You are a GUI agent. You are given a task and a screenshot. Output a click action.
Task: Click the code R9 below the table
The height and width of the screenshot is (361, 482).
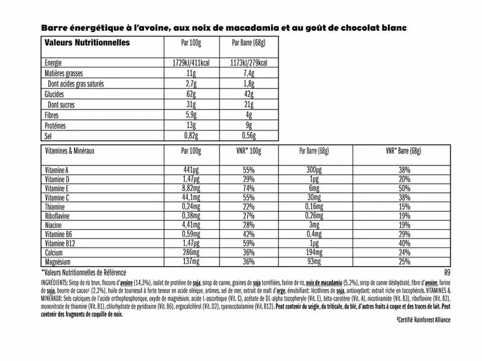[x=446, y=272]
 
